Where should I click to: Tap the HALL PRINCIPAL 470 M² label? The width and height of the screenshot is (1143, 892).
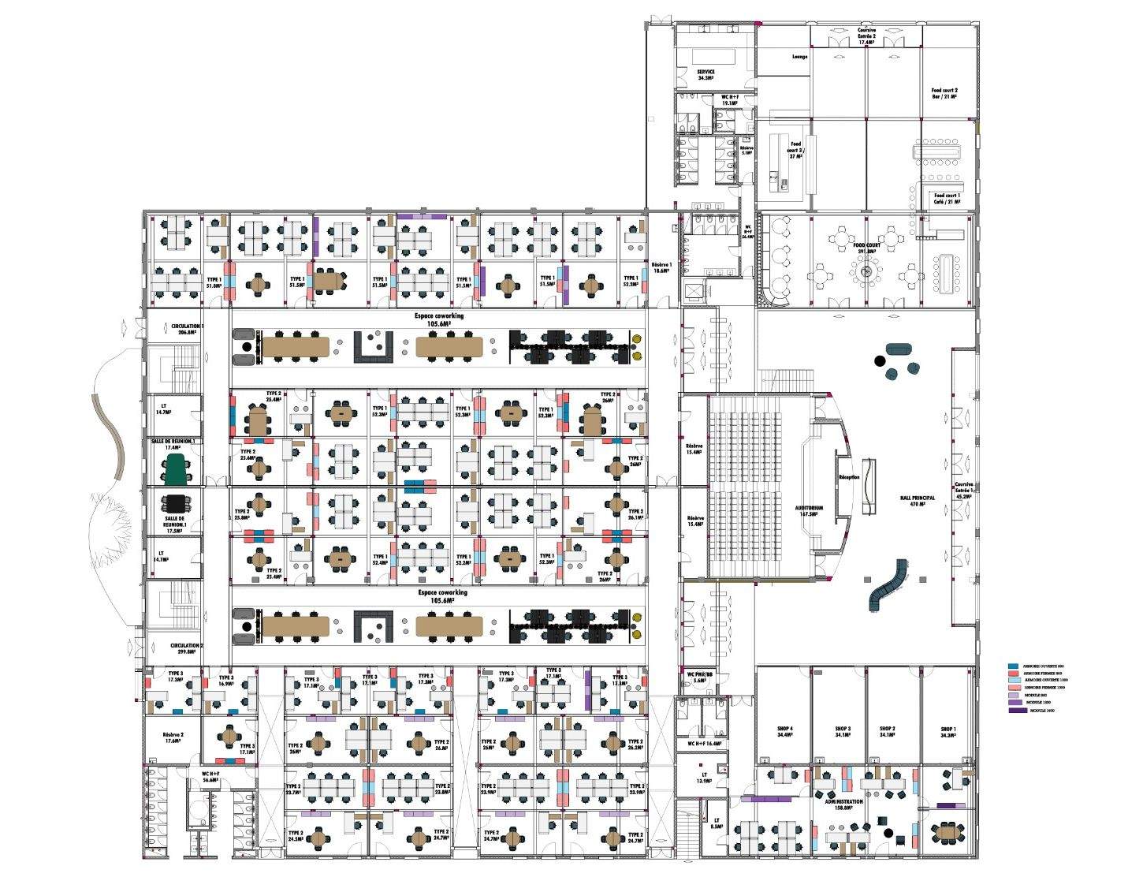tap(918, 501)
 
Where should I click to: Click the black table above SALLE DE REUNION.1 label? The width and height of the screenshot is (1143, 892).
tap(173, 502)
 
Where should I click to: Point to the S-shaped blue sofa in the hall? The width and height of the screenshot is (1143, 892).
tap(888, 585)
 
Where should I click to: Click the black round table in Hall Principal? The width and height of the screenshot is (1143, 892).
tap(880, 361)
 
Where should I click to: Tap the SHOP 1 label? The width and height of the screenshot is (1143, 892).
tap(948, 731)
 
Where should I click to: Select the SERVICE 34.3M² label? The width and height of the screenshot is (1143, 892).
tap(706, 74)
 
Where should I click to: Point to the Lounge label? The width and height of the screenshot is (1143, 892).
tap(799, 57)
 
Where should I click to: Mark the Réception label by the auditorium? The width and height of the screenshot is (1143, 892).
tap(849, 477)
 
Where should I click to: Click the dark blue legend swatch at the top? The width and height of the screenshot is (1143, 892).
tap(1013, 666)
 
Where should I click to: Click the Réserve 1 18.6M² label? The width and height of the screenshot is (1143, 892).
tap(661, 267)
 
